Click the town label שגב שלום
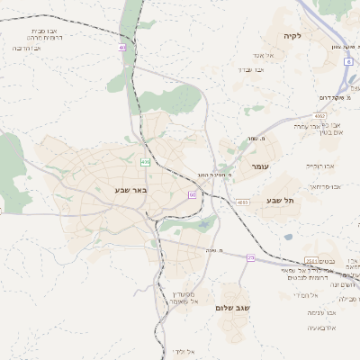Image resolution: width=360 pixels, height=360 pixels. pyautogui.click(x=232, y=307)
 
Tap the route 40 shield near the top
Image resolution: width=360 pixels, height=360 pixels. pyautogui.click(x=121, y=48)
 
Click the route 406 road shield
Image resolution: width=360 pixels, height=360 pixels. pyautogui.click(x=144, y=162)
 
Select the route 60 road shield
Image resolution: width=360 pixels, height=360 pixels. pyautogui.click(x=192, y=193)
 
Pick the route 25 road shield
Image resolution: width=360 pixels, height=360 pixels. pyautogui.click(x=251, y=258)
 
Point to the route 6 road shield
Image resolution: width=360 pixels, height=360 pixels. pyautogui.click(x=347, y=62)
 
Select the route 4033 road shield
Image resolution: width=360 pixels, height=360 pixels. pyautogui.click(x=243, y=202)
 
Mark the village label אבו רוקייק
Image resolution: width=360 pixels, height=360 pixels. pyautogui.click(x=319, y=166)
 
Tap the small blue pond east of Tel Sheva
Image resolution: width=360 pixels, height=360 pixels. pyautogui.click(x=288, y=237)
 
